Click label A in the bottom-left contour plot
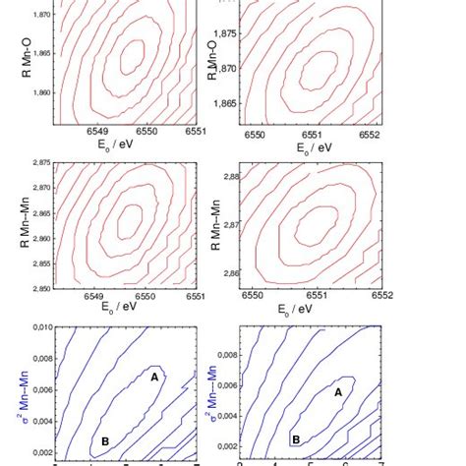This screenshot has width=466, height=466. (x=153, y=375)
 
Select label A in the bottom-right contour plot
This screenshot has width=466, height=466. (x=339, y=390)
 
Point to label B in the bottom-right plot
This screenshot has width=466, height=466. (x=294, y=439)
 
